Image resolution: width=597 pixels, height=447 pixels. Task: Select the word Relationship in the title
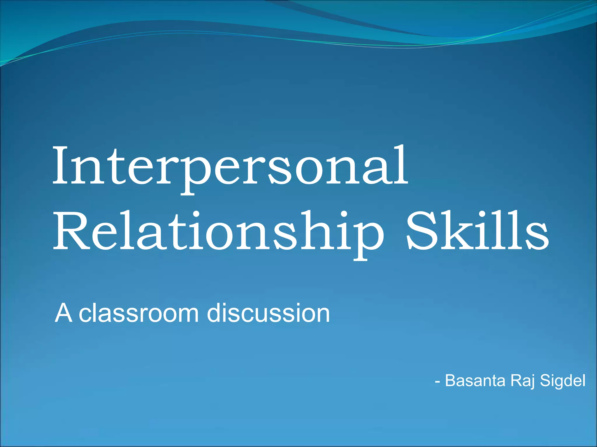(x=219, y=231)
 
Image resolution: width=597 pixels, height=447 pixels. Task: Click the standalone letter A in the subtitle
(x=63, y=313)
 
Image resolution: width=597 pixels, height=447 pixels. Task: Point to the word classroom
(x=139, y=314)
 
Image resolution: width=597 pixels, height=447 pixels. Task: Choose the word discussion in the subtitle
(x=268, y=313)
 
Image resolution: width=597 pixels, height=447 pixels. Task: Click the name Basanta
(x=475, y=380)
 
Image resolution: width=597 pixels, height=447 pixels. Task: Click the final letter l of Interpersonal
(x=402, y=166)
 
